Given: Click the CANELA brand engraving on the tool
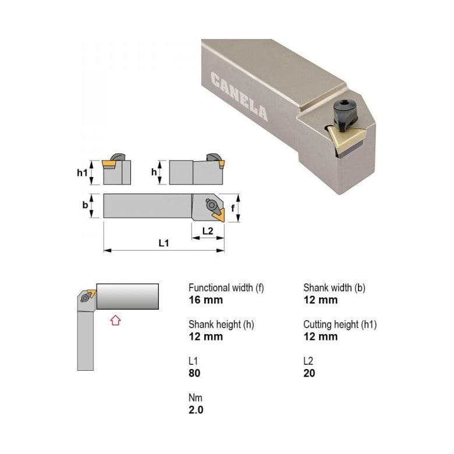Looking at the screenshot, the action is click(x=240, y=97).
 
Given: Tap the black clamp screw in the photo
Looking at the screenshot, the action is click(x=345, y=114).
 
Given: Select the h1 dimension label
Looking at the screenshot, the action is click(x=82, y=173).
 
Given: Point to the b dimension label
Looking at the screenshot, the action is click(x=85, y=205).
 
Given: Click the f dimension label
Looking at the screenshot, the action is click(x=233, y=208).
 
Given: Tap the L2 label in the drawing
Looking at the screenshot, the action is click(x=208, y=230).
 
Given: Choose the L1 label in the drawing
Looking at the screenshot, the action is click(x=164, y=243).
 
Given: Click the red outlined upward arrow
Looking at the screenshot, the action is click(x=115, y=320).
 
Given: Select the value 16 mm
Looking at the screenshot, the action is click(x=206, y=300).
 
